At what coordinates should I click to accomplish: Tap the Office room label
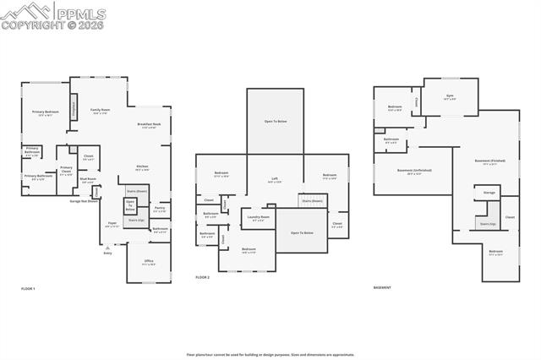[149, 261]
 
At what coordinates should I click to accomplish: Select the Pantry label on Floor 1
[160, 208]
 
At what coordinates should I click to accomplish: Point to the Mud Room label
[88, 179]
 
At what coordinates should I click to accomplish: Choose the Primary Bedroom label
[46, 112]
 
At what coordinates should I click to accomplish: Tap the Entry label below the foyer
[107, 253]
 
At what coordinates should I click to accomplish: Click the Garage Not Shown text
[84, 201]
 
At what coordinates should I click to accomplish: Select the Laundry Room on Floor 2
[259, 218]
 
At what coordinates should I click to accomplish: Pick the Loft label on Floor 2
[275, 179]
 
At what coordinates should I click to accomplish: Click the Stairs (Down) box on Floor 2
[313, 201]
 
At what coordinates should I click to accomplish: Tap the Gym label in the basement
[450, 96]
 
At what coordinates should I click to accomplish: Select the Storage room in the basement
[489, 193]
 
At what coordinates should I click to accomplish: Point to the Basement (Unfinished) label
[414, 171]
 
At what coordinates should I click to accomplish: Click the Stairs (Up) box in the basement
[487, 223]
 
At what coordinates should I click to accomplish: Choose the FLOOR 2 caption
[203, 277]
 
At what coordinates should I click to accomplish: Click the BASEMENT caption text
[383, 288]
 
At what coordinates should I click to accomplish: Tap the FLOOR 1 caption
[28, 289]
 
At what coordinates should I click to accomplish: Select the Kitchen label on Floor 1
[143, 168]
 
